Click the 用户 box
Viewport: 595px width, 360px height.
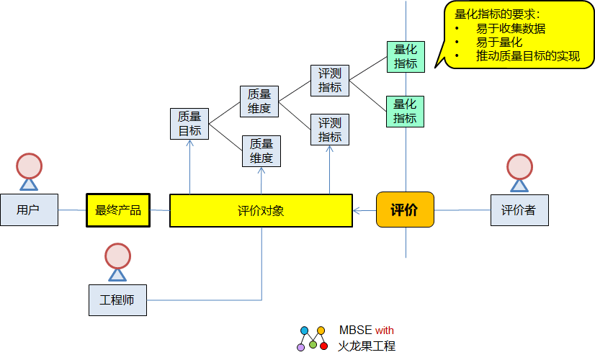(x=29, y=210)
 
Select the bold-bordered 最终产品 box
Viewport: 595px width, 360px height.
(x=118, y=210)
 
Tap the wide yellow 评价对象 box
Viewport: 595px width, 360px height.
(x=261, y=210)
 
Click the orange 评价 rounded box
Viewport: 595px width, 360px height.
(x=405, y=210)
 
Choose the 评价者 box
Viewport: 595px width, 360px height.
(x=518, y=210)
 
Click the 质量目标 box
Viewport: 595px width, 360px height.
(x=189, y=123)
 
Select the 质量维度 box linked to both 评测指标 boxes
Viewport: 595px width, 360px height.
(x=259, y=102)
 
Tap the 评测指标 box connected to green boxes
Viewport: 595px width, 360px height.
(x=330, y=81)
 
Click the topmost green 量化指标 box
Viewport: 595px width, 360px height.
(x=405, y=56)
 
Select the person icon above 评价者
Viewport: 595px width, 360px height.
(x=519, y=171)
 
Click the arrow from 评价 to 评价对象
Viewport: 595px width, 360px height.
(x=364, y=210)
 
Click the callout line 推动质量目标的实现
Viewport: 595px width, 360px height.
(x=527, y=55)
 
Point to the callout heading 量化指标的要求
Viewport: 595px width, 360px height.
(x=497, y=14)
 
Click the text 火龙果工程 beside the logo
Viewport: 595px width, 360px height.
(x=367, y=346)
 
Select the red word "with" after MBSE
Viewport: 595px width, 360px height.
(x=385, y=330)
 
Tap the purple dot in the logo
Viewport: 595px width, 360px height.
(x=301, y=347)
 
